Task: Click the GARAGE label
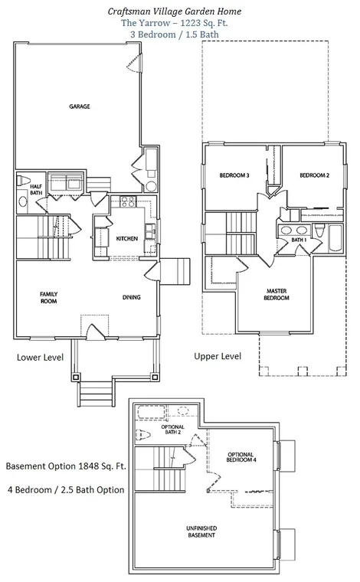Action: click(80, 106)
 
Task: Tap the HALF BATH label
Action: click(36, 189)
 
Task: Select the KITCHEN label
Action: click(127, 239)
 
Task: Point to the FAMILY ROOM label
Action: click(48, 298)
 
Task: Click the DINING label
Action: click(132, 297)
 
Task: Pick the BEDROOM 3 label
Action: click(234, 175)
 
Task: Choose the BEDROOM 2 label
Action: click(314, 175)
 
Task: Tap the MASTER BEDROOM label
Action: click(277, 294)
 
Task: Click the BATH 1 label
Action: click(299, 240)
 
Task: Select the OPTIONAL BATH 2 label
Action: click(172, 430)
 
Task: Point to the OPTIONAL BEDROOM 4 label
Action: click(241, 457)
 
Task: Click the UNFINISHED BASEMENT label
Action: click(201, 532)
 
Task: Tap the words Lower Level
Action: click(40, 358)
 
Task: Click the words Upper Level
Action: click(218, 356)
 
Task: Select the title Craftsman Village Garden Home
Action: click(175, 11)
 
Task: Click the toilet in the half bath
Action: click(24, 181)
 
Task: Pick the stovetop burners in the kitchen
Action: click(128, 202)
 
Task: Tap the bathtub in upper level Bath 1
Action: click(336, 238)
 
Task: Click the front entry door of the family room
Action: click(96, 332)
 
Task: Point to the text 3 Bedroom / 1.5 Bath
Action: click(175, 34)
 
